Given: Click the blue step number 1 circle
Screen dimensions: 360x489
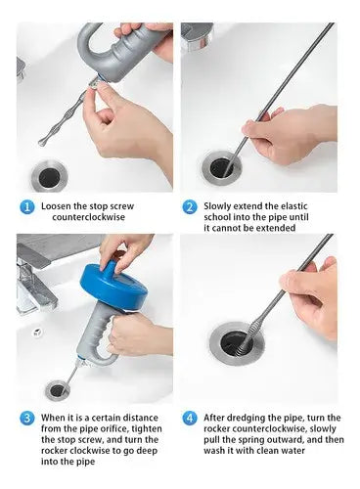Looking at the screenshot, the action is point(27,207).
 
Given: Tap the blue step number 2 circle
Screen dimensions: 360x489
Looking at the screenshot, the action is point(190,207).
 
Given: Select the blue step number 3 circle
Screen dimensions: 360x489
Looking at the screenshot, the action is point(27,419).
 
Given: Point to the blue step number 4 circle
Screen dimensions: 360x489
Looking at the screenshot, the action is point(190,419).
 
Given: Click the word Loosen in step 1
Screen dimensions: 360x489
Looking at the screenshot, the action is point(56,206).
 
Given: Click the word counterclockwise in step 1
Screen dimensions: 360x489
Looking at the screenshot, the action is point(88,217).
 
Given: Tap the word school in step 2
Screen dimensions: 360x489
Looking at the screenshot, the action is point(217,217).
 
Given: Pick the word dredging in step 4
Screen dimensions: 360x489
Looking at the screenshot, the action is point(246,419).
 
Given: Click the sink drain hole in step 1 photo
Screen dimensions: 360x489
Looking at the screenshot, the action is point(50,177).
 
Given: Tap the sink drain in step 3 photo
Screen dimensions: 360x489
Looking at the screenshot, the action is point(58,390).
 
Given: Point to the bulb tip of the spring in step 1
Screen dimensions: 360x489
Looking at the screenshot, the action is point(42,142).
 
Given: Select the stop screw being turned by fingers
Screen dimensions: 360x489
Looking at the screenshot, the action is point(93,83).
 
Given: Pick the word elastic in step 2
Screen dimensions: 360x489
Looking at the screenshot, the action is point(293,206).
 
